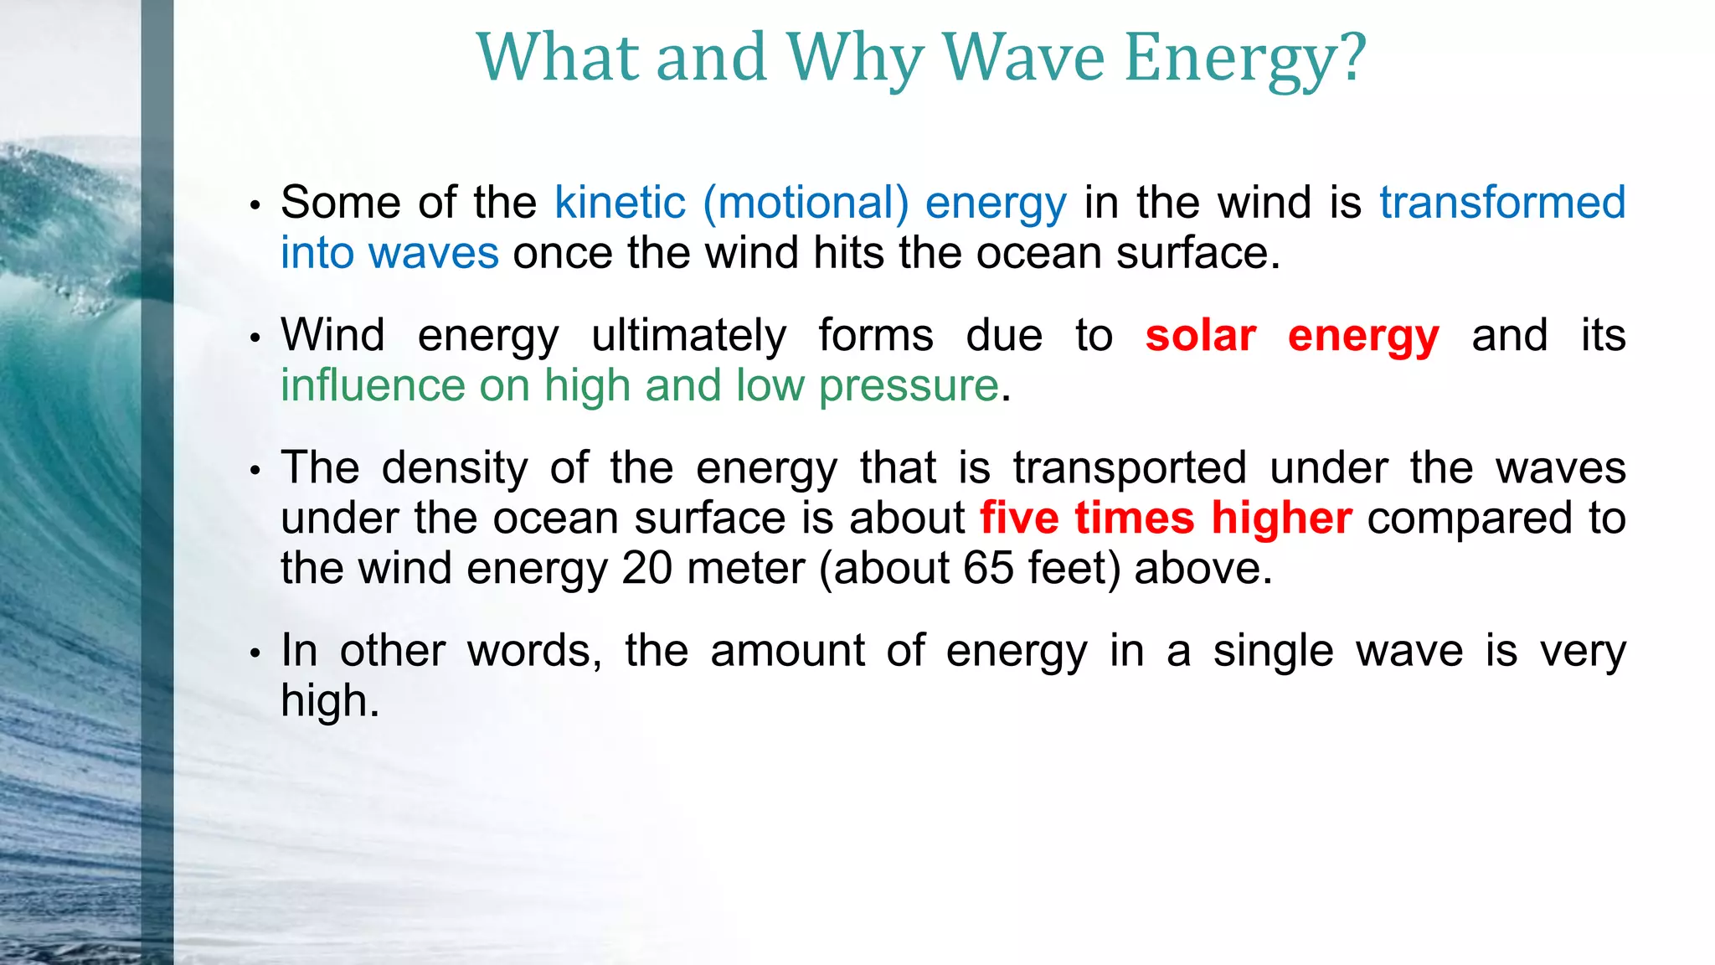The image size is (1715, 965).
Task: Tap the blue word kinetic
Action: tap(620, 203)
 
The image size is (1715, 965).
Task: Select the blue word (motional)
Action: tap(806, 203)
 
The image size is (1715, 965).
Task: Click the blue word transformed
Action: tap(1502, 203)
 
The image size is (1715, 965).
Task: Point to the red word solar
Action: tap(1200, 336)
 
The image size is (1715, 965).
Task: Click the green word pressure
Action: tap(909, 386)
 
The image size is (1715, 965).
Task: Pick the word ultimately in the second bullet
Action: tap(688, 336)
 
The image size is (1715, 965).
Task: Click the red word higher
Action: tap(1281, 519)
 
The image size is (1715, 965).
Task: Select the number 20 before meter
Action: tap(647, 569)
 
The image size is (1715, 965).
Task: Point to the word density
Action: tap(455, 468)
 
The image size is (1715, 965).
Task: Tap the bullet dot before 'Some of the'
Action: tap(256, 205)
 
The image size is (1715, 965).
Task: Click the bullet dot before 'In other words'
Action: tap(256, 653)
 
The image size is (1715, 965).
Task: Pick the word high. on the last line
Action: tap(330, 701)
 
